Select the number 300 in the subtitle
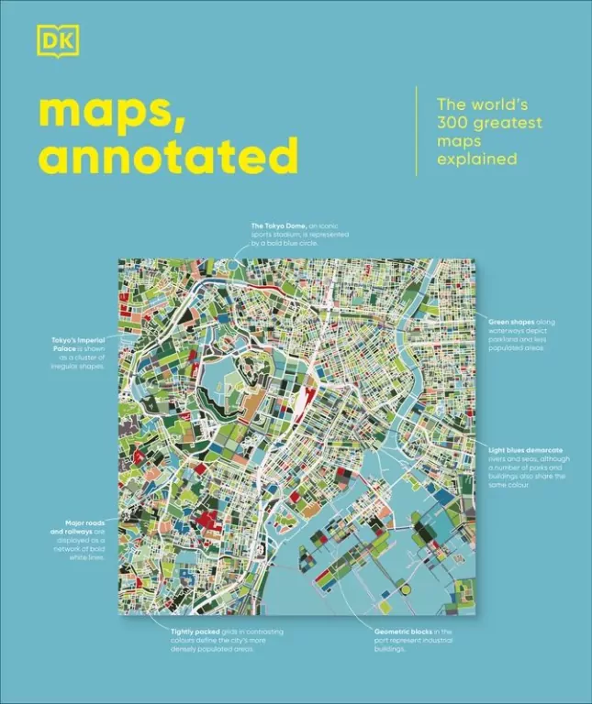[x=452, y=122]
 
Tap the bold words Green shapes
[x=509, y=322]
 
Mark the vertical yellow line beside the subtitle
[x=417, y=130]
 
